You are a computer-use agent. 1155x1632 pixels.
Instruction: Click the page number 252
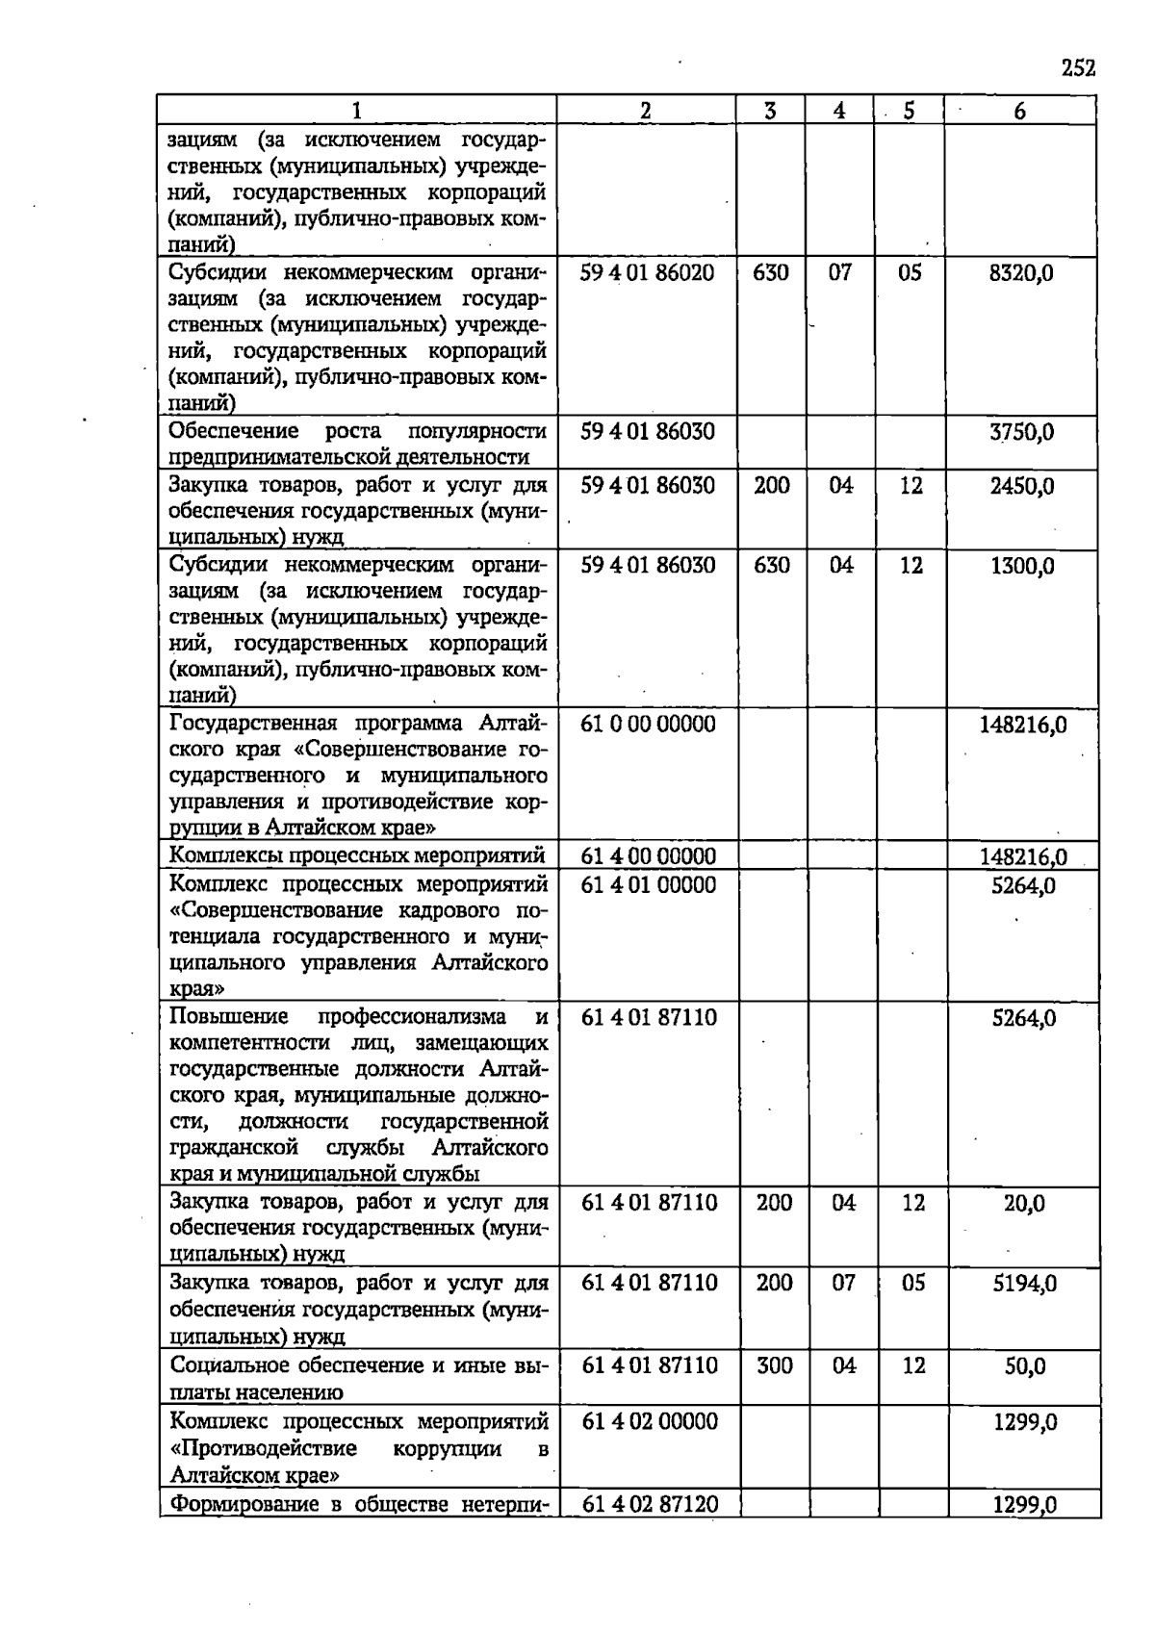1079,67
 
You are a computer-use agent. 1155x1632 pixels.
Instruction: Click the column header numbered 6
1019,111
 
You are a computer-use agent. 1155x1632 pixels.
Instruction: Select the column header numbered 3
770,111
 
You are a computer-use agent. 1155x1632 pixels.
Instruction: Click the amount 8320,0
1021,273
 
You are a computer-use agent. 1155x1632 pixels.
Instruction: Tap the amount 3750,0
1021,432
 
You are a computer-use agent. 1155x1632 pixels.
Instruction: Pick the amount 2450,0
1021,486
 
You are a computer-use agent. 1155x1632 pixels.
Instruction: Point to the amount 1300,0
1021,566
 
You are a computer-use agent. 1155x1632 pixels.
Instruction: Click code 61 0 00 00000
648,725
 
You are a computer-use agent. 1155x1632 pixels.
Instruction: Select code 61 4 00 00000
648,856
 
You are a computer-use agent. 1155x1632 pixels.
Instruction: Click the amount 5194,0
1024,1284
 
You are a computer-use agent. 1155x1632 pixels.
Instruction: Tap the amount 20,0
1024,1204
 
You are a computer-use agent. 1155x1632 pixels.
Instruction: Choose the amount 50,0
1025,1366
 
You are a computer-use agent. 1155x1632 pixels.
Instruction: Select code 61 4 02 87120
650,1504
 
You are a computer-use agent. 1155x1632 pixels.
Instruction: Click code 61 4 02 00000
650,1421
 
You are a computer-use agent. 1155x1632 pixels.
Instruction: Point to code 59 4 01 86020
647,273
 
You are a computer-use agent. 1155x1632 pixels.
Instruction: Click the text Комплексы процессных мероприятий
357,855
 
